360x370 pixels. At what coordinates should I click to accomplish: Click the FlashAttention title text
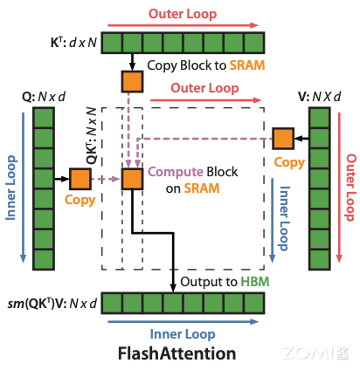pos(177,353)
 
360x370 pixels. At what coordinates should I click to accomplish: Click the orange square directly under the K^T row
pos(131,81)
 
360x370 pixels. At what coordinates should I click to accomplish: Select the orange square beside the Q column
pos(80,179)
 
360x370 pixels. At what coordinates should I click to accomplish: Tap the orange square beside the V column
pos(283,138)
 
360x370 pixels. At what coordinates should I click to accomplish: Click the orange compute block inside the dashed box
pos(131,179)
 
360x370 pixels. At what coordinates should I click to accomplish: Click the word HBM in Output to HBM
pos(254,281)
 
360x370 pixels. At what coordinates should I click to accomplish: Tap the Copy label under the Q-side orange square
pos(80,200)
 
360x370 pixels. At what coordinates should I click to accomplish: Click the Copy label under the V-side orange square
pos(288,162)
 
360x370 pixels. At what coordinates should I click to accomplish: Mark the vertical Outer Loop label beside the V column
pos(350,188)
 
